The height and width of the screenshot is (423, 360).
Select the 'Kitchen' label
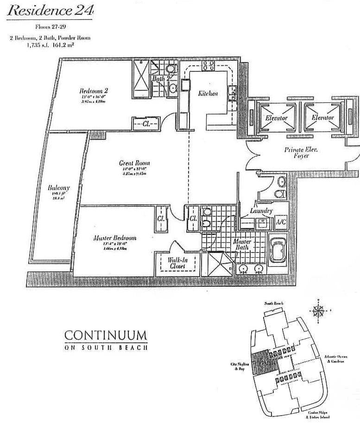click(208, 93)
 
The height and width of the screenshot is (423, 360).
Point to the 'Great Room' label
click(134, 163)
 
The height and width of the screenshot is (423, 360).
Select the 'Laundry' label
click(261, 211)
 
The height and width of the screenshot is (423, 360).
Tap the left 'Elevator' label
click(277, 118)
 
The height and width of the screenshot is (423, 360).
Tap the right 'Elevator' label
click(322, 118)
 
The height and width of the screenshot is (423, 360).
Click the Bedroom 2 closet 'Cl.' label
click(144, 124)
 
